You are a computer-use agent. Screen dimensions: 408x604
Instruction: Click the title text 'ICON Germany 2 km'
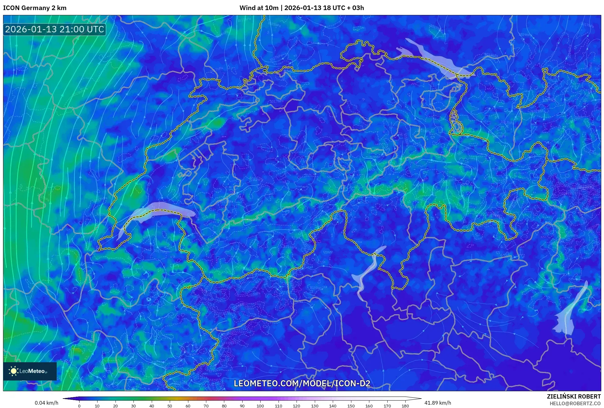pyautogui.click(x=35, y=8)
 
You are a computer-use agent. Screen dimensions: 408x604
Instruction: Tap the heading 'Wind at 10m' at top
pyautogui.click(x=259, y=8)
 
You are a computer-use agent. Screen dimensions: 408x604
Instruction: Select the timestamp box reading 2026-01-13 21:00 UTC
pyautogui.click(x=55, y=29)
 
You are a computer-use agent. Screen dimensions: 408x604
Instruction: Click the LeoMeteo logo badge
pyautogui.click(x=30, y=371)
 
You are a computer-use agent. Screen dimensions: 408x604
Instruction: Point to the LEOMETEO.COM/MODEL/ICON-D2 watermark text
pyautogui.click(x=302, y=383)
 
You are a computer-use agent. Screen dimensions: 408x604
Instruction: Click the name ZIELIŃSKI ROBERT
pyautogui.click(x=574, y=396)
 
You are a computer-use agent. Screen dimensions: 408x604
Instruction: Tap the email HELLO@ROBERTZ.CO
pyautogui.click(x=575, y=403)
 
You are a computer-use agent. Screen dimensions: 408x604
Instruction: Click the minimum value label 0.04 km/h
pyautogui.click(x=46, y=403)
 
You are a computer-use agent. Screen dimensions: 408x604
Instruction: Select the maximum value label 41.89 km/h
pyautogui.click(x=438, y=403)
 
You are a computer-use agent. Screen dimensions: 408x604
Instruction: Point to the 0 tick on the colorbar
pyautogui.click(x=79, y=406)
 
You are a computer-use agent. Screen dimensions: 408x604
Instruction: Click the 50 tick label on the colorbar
pyautogui.click(x=170, y=406)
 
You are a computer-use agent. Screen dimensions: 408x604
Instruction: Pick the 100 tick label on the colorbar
pyautogui.click(x=260, y=406)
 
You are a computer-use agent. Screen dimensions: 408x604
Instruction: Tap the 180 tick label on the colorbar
pyautogui.click(x=405, y=406)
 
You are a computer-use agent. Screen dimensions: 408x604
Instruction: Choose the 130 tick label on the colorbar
pyautogui.click(x=314, y=406)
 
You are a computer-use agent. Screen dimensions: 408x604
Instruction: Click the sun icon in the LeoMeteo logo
pyautogui.click(x=13, y=371)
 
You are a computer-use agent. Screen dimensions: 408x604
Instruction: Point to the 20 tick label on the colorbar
pyautogui.click(x=115, y=406)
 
